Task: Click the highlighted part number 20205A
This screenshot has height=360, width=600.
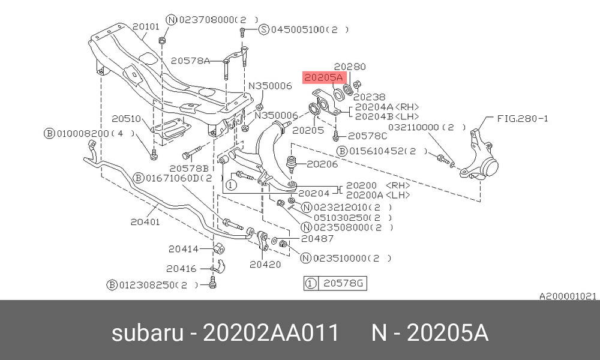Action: pyautogui.click(x=323, y=77)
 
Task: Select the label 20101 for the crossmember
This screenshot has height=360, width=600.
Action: pyautogui.click(x=146, y=26)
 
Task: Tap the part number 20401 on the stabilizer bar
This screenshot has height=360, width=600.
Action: pyautogui.click(x=145, y=221)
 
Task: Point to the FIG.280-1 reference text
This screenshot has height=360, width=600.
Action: pyautogui.click(x=523, y=119)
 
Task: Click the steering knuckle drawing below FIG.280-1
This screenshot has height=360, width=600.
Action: pyautogui.click(x=479, y=155)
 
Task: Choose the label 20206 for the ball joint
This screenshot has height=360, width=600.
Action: pyautogui.click(x=322, y=164)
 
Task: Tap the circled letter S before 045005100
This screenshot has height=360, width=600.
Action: pyautogui.click(x=264, y=29)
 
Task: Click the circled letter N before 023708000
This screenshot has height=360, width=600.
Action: pyautogui.click(x=172, y=20)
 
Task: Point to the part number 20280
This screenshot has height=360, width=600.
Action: pyautogui.click(x=350, y=67)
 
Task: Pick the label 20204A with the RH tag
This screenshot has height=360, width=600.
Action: pyautogui.click(x=387, y=107)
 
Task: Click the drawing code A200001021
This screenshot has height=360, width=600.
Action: pyautogui.click(x=568, y=296)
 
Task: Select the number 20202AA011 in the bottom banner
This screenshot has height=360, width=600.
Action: pyautogui.click(x=271, y=332)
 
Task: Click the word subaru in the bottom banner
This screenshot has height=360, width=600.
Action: pyautogui.click(x=148, y=333)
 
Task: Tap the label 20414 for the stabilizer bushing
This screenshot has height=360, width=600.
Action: pyautogui.click(x=184, y=249)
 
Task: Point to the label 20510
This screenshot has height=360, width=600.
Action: pyautogui.click(x=126, y=119)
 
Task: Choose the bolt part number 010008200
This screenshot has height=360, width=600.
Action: pyautogui.click(x=83, y=134)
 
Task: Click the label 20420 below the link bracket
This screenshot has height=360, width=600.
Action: pyautogui.click(x=265, y=265)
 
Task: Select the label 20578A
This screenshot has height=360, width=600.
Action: pyautogui.click(x=190, y=61)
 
